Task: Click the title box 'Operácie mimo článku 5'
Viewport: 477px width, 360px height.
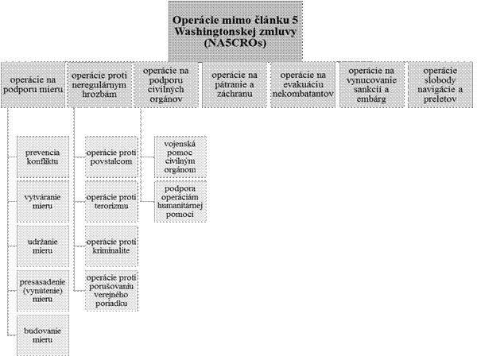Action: [235, 31]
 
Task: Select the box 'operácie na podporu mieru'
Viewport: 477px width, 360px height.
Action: [33, 85]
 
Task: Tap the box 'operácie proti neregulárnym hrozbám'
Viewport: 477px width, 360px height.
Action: [99, 85]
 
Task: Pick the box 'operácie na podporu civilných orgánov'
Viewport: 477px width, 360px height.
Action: [166, 85]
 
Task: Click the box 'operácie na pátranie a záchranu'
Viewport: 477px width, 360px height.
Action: [235, 85]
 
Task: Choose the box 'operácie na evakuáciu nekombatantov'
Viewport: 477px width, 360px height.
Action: [303, 85]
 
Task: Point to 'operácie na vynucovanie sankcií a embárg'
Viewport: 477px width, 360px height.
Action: [372, 85]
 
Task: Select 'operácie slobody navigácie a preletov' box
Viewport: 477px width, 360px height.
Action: [440, 85]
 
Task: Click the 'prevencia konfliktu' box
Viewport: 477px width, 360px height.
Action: [43, 157]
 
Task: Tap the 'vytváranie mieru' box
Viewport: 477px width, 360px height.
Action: [43, 202]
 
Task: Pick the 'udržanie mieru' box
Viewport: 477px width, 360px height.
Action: [43, 246]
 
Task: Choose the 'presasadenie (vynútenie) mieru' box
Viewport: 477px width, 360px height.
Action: [43, 291]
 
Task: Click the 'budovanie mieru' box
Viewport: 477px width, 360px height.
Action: [43, 335]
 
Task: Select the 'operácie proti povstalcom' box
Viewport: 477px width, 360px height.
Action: [111, 157]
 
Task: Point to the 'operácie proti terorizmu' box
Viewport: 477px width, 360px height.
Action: [111, 202]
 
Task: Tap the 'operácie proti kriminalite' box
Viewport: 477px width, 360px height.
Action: [111, 246]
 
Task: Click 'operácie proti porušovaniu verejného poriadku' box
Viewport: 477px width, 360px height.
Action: [111, 291]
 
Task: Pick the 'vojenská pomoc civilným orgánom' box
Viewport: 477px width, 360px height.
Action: [180, 157]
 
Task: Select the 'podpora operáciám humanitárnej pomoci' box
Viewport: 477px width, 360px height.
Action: [180, 202]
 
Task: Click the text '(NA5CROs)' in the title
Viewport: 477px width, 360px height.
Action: [235, 43]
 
